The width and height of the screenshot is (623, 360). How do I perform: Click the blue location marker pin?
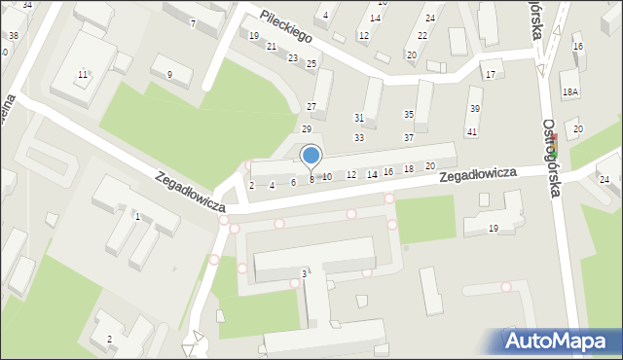tap(311, 156)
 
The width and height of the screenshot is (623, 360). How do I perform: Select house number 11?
tap(83, 75)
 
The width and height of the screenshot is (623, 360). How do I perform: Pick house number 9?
tap(169, 75)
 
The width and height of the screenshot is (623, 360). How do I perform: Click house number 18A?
tap(570, 91)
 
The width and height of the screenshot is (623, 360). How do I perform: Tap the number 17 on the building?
tap(490, 75)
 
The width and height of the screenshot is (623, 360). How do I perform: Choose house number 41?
tap(472, 131)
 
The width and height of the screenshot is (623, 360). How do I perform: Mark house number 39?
tap(475, 108)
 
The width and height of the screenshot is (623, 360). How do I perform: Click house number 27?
tap(311, 106)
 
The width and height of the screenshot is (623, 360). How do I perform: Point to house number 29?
tap(306, 129)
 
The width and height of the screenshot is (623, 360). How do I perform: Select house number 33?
tap(359, 138)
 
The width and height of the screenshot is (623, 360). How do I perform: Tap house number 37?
tap(409, 138)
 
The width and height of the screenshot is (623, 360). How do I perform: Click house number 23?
tap(293, 58)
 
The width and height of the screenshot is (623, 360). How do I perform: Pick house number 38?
tap(13, 36)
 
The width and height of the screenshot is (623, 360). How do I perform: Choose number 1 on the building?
tap(137, 217)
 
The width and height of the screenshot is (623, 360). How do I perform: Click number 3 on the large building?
tap(304, 274)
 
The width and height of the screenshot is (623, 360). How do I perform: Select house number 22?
tap(422, 35)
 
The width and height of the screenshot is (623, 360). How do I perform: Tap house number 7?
tap(193, 22)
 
